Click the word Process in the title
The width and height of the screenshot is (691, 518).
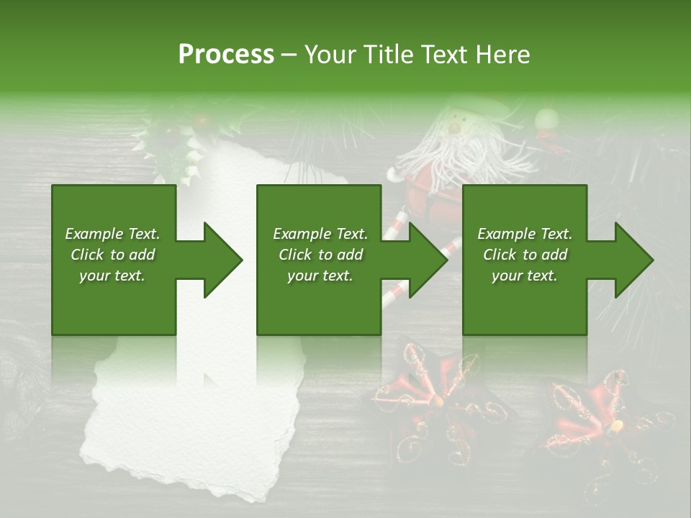click(226, 54)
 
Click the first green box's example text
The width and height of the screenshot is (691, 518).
click(112, 254)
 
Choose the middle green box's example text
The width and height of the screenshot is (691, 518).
click(320, 254)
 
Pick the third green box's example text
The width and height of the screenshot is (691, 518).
click(525, 254)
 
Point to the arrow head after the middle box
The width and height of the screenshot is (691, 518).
click(426, 260)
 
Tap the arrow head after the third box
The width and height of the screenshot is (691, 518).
click(632, 260)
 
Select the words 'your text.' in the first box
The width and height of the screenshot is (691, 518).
click(112, 275)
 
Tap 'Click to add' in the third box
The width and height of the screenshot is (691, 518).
click(525, 254)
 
